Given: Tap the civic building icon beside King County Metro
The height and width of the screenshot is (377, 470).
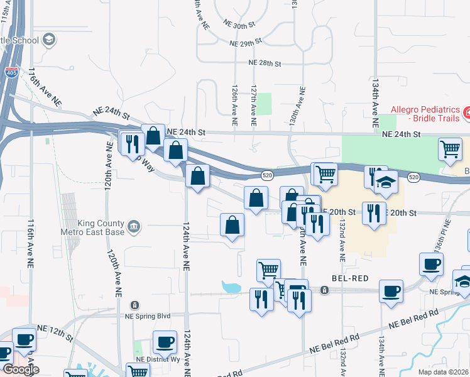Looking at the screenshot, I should (133, 226).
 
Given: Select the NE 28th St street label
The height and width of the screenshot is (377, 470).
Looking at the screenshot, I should (265, 63).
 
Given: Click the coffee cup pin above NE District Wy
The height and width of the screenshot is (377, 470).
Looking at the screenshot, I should (165, 342).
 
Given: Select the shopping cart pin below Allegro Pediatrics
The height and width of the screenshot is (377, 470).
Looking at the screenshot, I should (450, 150).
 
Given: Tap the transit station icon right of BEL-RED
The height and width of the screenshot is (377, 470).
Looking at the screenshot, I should (325, 290).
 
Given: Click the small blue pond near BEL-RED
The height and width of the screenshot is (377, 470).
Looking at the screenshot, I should (231, 288).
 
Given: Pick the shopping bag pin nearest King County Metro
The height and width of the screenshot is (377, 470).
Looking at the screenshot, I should (232, 226).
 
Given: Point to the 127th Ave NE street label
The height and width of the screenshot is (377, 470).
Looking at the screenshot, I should (254, 105).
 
